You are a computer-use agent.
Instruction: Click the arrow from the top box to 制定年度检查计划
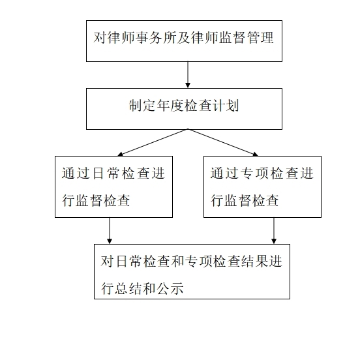pyautogui.click(x=188, y=74)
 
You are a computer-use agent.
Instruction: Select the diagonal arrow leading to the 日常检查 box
pyautogui.click(x=153, y=143)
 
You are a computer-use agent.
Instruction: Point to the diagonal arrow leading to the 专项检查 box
pyautogui.click(x=223, y=143)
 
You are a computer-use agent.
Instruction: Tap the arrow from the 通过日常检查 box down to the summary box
pyautogui.click(x=110, y=230)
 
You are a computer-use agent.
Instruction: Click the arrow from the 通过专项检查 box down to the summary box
pyautogui.click(x=274, y=230)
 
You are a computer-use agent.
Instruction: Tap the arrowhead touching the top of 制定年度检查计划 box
pyautogui.click(x=188, y=85)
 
